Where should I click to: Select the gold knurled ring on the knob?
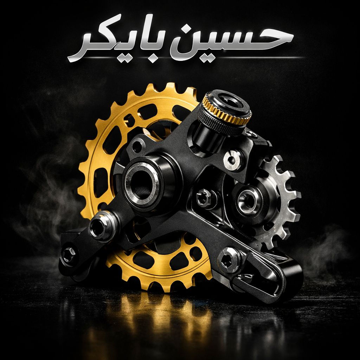tap(226, 110)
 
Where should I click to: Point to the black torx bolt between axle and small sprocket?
tap(204, 198)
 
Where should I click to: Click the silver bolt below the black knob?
tap(232, 160)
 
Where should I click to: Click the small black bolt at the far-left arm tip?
tap(69, 255)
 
